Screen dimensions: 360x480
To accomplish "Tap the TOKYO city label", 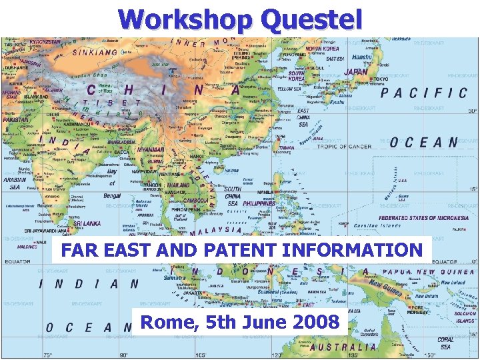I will click(380, 78).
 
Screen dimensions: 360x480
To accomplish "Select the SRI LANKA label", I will click(87, 223).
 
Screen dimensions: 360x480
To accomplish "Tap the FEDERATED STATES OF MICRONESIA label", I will click(423, 218).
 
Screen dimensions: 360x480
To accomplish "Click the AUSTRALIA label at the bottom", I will click(343, 347).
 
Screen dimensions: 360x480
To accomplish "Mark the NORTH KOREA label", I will click(322, 49).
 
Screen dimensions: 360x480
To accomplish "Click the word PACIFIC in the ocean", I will click(423, 93).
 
